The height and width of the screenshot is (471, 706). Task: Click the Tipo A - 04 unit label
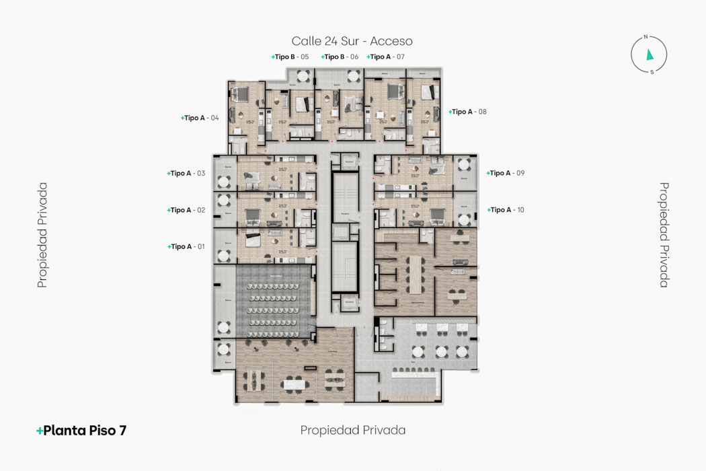[x=200, y=118]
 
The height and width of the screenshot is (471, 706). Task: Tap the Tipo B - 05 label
[x=290, y=57]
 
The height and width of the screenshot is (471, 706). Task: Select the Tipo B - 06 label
[x=340, y=57]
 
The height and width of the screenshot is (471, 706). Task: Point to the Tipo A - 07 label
[x=386, y=57]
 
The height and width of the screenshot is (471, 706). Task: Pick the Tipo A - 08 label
[x=468, y=112]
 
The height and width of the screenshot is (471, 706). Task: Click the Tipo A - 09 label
[x=506, y=174]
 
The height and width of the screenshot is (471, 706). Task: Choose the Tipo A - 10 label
[x=506, y=210]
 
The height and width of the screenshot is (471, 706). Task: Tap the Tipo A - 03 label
[x=186, y=174]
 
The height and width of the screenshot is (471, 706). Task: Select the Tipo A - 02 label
[x=186, y=210]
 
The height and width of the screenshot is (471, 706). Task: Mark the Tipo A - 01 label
[x=186, y=247]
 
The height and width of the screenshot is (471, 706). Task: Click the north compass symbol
[x=649, y=54]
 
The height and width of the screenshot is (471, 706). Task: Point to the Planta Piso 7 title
[x=81, y=431]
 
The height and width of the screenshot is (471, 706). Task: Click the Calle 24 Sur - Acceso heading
[x=352, y=41]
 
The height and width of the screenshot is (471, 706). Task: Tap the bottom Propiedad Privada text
[x=353, y=430]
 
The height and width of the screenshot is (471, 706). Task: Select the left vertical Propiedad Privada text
[x=42, y=235]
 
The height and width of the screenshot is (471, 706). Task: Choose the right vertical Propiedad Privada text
[x=664, y=235]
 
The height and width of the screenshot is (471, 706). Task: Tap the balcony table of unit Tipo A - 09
[x=463, y=167]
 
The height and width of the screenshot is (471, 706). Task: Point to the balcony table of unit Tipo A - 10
[x=463, y=219]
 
